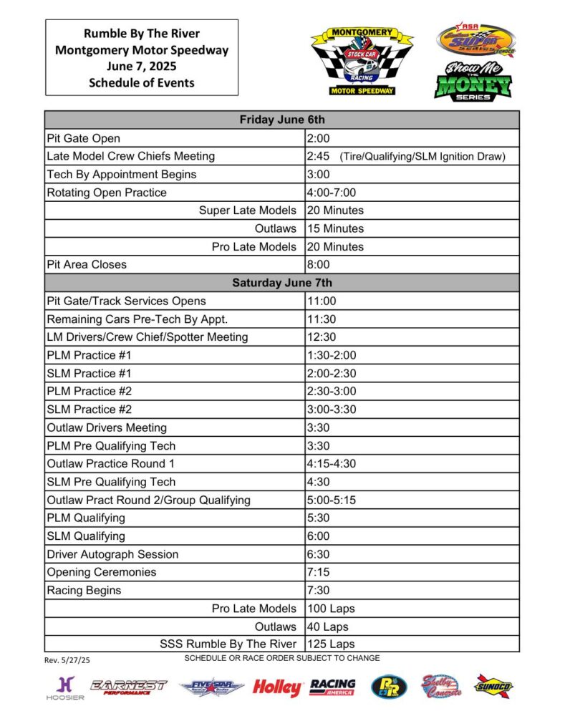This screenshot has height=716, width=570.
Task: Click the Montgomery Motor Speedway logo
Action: pos(361,62)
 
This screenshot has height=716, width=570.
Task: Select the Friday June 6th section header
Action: pos(281,120)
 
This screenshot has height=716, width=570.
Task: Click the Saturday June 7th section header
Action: pos(281,283)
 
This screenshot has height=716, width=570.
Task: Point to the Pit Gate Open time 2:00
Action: pos(318,138)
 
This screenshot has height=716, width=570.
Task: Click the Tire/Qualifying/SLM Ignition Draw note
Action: pos(422,156)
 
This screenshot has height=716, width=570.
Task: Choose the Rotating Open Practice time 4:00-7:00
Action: pos(331,193)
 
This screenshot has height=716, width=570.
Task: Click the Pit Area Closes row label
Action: pos(87,264)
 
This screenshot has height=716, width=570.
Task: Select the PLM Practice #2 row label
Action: pos(89,391)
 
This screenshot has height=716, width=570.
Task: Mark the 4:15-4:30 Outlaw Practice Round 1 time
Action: pos(331,463)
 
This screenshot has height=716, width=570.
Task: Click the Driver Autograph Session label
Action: pos(112,554)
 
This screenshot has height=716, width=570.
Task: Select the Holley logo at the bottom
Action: pos(276,688)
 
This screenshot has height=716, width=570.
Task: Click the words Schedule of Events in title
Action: pos(142,82)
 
